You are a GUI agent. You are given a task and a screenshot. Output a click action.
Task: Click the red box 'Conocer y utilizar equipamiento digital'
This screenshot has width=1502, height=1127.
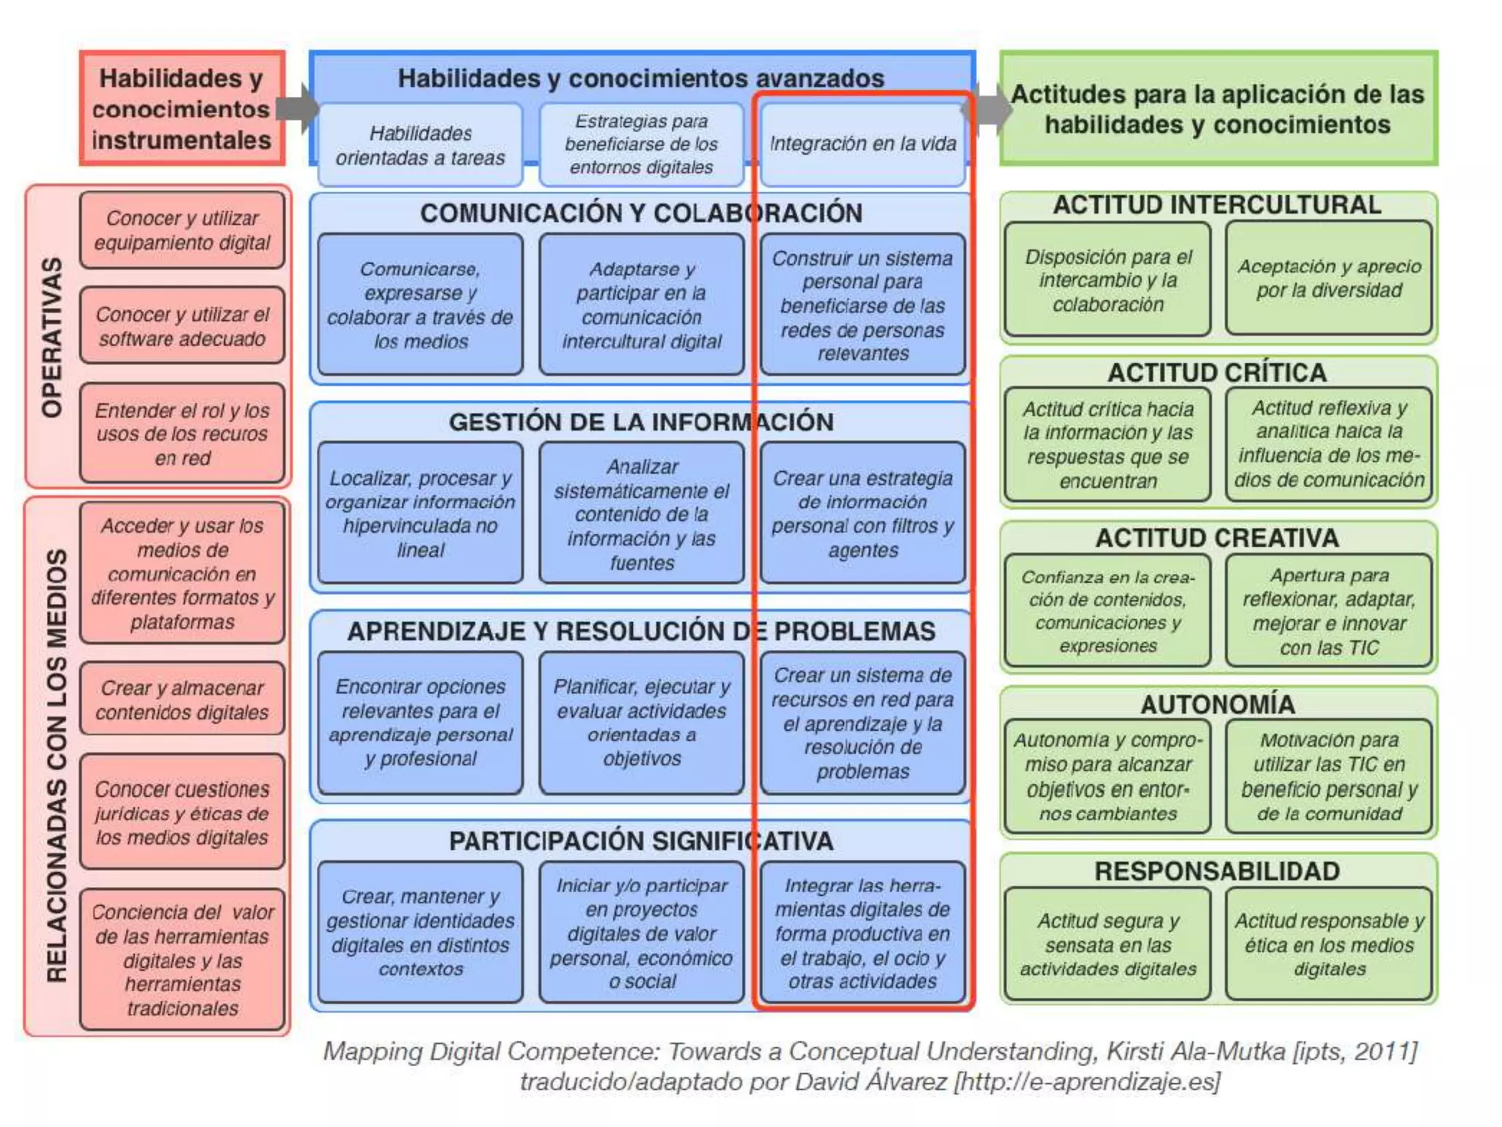click(x=182, y=230)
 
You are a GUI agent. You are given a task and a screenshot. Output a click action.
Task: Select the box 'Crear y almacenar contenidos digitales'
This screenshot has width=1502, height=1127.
click(x=182, y=699)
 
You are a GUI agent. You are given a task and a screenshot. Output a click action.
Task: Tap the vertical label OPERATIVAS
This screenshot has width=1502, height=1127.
click(x=51, y=337)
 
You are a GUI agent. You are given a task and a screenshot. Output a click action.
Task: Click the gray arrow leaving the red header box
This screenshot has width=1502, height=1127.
click(x=298, y=109)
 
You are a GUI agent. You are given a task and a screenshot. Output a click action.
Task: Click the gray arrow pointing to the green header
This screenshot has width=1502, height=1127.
click(x=992, y=109)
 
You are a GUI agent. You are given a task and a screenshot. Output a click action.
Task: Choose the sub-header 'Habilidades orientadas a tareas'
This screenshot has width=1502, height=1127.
click(x=420, y=145)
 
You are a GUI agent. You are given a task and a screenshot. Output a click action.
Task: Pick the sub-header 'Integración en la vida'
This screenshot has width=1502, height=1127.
click(x=862, y=144)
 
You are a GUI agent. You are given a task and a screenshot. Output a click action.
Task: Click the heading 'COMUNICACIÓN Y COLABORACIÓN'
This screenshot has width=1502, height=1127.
click(x=640, y=213)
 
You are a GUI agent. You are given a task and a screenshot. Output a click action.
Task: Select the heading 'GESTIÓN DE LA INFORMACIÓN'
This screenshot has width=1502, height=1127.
click(x=640, y=422)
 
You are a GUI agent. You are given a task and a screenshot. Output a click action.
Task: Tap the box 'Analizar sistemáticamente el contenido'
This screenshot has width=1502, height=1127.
click(x=641, y=514)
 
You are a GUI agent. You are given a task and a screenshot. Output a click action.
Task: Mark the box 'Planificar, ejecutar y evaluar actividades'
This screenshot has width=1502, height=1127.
click(x=641, y=722)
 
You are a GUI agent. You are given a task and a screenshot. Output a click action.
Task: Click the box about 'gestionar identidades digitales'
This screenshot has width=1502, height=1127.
click(x=420, y=932)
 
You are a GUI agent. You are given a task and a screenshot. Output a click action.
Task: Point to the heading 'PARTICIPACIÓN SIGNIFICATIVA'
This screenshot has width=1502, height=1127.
click(x=640, y=841)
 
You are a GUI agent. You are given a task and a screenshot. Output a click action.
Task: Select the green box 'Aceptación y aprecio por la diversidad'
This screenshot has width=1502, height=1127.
click(x=1329, y=278)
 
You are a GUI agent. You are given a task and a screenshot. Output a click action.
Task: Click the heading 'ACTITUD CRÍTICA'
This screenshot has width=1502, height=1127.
click(x=1217, y=373)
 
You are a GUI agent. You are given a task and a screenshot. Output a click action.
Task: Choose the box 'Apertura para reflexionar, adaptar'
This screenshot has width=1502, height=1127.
click(x=1329, y=610)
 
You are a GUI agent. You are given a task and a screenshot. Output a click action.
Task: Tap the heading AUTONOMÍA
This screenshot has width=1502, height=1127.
click(x=1217, y=704)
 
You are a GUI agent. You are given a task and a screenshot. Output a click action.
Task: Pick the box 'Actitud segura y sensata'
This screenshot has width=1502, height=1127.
click(x=1107, y=944)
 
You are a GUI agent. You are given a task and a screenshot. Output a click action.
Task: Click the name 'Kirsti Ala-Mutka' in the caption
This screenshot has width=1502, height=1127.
click(x=1195, y=1051)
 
